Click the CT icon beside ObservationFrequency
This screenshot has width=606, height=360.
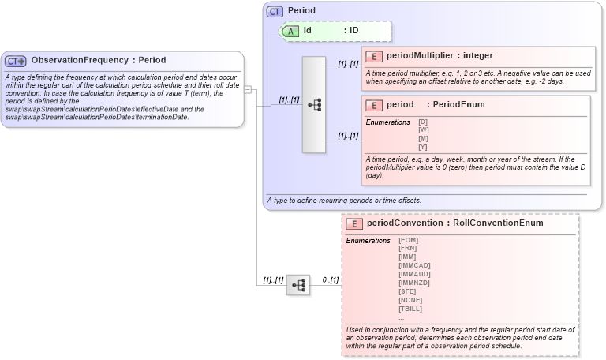[16, 61]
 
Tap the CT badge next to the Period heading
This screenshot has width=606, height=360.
[275, 11]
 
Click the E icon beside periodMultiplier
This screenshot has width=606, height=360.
[376, 56]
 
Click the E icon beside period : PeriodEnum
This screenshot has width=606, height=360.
[376, 105]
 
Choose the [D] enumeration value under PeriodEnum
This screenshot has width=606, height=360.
[423, 122]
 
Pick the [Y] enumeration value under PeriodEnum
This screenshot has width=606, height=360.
[423, 147]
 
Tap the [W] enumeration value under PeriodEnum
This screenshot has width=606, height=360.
[423, 130]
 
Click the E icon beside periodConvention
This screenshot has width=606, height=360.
[356, 223]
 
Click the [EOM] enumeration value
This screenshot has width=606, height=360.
[408, 240]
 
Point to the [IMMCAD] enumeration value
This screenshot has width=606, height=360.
[413, 265]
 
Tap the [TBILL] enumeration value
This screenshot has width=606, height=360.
[411, 308]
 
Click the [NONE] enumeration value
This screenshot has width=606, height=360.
[410, 299]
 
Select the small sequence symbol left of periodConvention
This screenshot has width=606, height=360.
[298, 285]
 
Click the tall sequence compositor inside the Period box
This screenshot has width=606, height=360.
[313, 104]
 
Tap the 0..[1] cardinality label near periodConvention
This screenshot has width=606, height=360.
[330, 280]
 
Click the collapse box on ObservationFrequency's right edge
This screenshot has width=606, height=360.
[247, 89]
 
